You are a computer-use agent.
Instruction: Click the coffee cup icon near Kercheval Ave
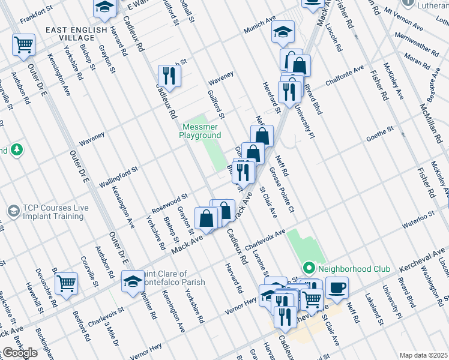pos(337,286)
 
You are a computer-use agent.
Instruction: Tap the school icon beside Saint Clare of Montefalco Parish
pos(133,280)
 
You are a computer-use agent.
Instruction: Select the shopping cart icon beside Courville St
pos(66,283)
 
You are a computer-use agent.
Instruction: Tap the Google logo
pos(20,353)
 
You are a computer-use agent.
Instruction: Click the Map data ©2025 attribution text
pos(423,355)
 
